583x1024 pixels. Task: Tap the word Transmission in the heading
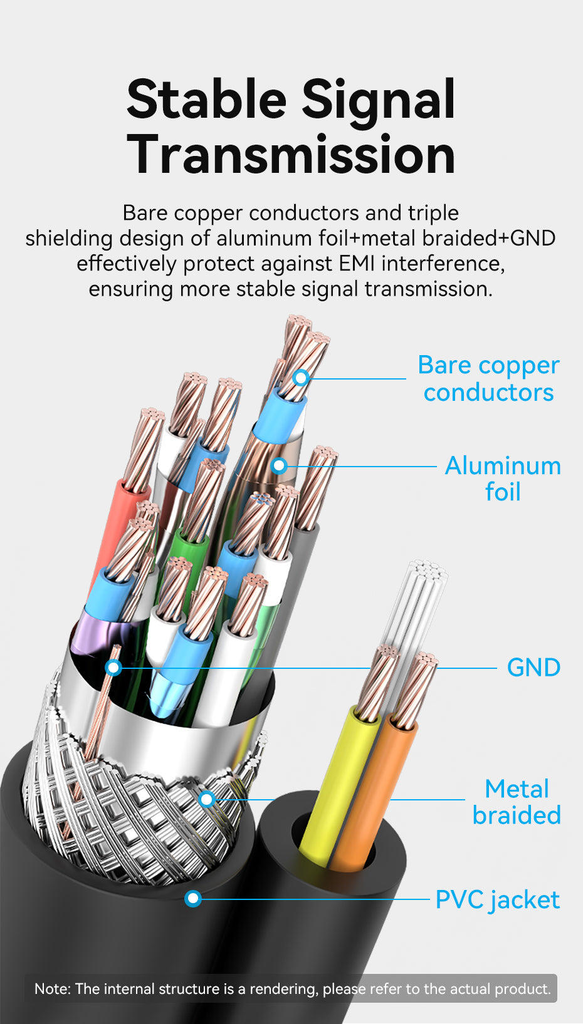291,155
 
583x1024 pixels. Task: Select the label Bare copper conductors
488,378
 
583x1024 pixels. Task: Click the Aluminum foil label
503,478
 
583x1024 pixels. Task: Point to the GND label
533,668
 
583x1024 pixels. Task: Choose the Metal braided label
517,802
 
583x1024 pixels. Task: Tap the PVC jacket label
497,900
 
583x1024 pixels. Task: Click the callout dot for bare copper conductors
301,378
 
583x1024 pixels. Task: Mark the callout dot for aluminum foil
280,465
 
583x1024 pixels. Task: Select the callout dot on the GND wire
113,668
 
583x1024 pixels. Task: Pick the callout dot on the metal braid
207,799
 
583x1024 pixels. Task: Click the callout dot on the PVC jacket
193,899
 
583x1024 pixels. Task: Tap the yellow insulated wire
335,783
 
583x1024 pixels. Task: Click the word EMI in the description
357,264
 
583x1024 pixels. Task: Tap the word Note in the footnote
52,989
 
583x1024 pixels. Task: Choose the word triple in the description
433,213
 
